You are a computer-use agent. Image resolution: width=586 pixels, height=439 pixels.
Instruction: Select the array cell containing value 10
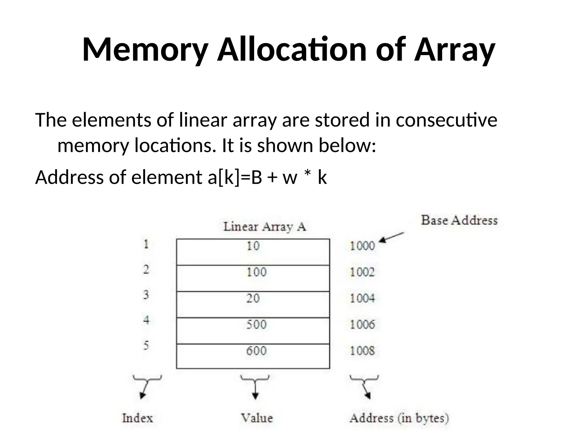click(x=253, y=252)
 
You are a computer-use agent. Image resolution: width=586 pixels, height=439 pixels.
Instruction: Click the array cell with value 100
click(x=253, y=278)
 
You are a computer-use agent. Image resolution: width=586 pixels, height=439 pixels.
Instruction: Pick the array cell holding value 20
click(x=253, y=304)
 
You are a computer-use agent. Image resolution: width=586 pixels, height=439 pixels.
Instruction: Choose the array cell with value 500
click(x=253, y=331)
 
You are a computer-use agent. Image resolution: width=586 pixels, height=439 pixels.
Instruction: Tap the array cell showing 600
click(x=253, y=356)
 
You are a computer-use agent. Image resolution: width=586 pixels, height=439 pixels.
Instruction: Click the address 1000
click(x=362, y=246)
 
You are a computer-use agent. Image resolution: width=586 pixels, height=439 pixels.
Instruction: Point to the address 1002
click(x=362, y=272)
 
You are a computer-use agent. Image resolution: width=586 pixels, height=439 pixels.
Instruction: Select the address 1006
click(x=362, y=324)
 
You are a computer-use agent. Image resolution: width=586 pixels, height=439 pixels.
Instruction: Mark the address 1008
click(x=362, y=351)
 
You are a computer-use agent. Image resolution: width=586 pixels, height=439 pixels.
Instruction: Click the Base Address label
click(x=459, y=220)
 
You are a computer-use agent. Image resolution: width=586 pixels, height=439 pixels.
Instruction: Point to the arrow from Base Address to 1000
click(x=391, y=237)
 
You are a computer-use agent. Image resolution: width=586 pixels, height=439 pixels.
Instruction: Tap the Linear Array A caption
click(x=264, y=227)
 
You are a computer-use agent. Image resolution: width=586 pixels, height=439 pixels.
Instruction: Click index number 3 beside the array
click(x=146, y=295)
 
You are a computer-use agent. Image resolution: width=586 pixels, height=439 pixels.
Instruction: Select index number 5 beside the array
click(x=146, y=346)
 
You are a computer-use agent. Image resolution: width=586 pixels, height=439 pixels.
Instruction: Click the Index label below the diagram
click(x=137, y=418)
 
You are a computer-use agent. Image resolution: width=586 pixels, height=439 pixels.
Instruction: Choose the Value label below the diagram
click(x=257, y=418)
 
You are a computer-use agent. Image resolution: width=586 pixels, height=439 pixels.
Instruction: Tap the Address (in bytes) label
click(x=399, y=418)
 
